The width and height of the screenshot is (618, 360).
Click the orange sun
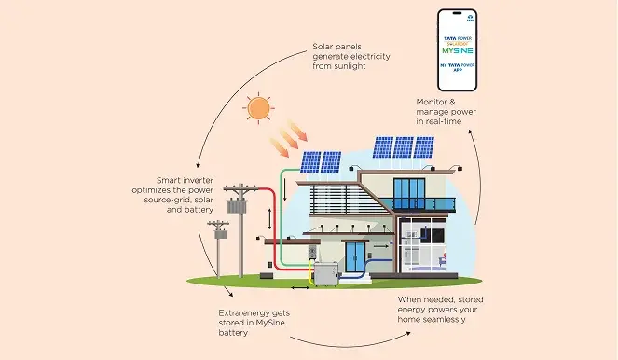(257, 107)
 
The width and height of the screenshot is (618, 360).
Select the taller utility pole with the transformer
(240, 228)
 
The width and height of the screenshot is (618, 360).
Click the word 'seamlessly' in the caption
(442, 320)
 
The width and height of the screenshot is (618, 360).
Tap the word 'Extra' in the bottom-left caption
(229, 312)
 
